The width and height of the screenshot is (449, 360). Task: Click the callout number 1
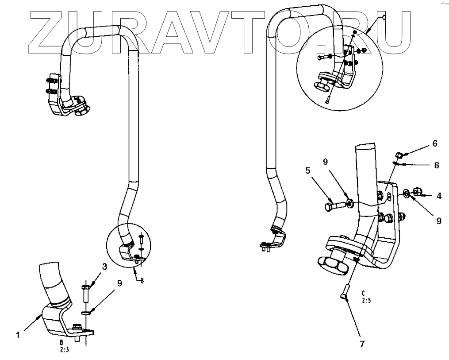[x=18, y=335]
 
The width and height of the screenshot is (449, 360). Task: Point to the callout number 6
[x=435, y=143]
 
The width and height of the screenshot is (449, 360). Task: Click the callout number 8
[x=436, y=165]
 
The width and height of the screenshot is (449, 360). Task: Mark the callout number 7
[x=362, y=344]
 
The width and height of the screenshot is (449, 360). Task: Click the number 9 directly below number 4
[x=438, y=220]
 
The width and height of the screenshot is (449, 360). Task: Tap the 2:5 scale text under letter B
[x=64, y=348]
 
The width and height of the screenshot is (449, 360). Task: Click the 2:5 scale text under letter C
[x=366, y=301]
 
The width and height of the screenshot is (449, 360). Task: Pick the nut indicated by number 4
[x=416, y=192]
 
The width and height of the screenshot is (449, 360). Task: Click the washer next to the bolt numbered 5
[x=349, y=203]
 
